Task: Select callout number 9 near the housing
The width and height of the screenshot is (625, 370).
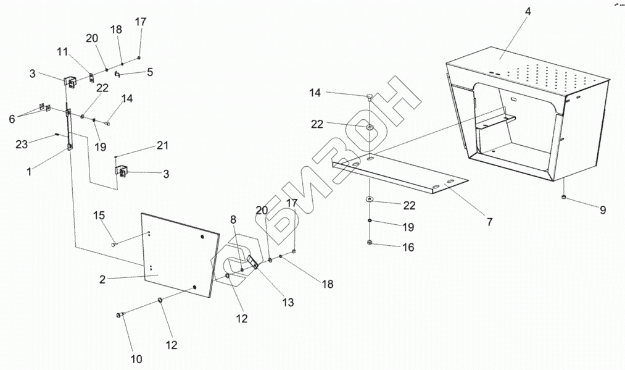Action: click(x=602, y=210)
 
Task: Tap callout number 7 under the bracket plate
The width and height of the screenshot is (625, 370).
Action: click(x=489, y=221)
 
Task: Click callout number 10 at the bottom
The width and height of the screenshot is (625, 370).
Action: click(x=136, y=358)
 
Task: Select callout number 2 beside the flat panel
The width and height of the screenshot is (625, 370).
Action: click(x=102, y=279)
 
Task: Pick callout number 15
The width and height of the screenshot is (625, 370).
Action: click(x=99, y=216)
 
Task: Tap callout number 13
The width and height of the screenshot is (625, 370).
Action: click(x=288, y=303)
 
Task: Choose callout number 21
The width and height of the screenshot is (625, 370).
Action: click(x=162, y=145)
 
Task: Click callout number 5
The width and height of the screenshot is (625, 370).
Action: click(x=149, y=72)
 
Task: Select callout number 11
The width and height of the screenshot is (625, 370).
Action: click(x=62, y=52)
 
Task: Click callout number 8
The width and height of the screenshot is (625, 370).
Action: click(x=233, y=219)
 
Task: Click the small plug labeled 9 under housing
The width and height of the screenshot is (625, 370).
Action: click(x=565, y=197)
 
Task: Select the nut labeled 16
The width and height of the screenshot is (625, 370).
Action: click(x=370, y=243)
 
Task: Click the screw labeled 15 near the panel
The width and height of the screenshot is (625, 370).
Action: click(x=115, y=245)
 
